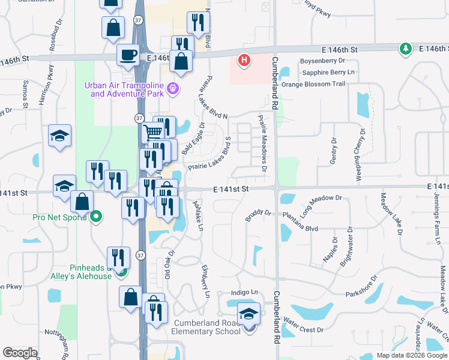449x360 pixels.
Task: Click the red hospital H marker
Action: coord(244,59)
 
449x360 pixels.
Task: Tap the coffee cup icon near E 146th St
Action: coord(128,55)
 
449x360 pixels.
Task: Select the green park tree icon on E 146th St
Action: coord(406,48)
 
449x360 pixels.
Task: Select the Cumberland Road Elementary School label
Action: coord(207,327)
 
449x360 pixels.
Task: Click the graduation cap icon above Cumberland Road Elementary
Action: coord(249,314)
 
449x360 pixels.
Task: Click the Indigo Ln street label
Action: coord(244,293)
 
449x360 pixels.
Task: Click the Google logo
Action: coord(20,353)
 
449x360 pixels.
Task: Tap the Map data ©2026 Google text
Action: coord(412,355)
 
